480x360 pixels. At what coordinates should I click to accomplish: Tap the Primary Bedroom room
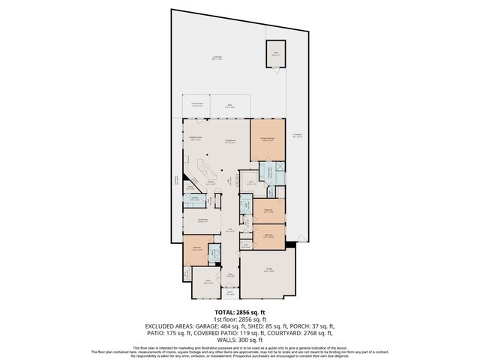pos(268,139)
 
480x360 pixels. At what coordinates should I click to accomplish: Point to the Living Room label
pos(231,140)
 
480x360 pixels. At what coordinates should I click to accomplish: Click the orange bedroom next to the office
pos(195,251)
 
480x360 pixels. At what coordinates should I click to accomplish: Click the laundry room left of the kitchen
pos(194,199)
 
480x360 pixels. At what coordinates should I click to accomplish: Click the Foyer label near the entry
pos(230,274)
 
